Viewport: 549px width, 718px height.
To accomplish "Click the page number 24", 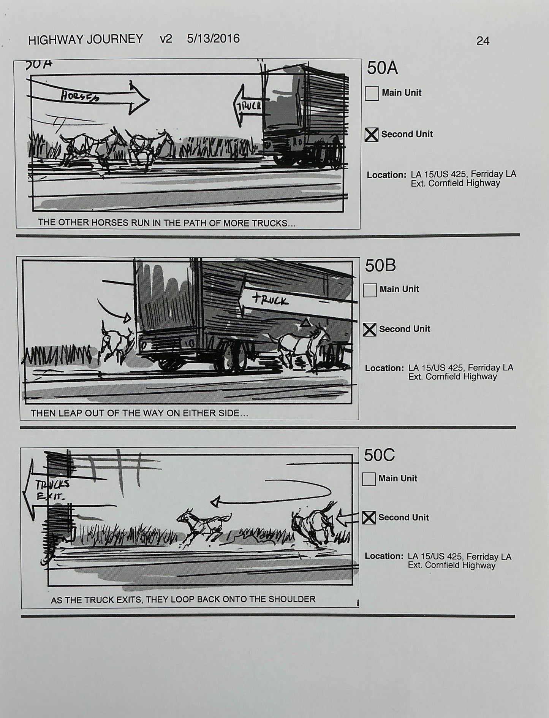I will click(483, 41).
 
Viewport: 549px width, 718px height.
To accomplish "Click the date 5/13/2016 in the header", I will click(213, 39).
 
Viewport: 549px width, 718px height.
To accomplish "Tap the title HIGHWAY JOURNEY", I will click(85, 39).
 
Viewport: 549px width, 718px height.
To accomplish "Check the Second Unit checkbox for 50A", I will click(371, 135).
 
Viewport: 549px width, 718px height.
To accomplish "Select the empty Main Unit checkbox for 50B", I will click(370, 290).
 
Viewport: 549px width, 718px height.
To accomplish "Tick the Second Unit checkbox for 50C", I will click(369, 518).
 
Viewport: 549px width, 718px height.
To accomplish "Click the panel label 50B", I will click(380, 266).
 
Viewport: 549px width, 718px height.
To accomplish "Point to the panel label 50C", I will click(379, 455).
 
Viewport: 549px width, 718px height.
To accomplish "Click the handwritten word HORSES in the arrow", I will click(80, 97).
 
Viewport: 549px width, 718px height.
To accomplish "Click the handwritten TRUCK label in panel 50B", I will click(270, 300).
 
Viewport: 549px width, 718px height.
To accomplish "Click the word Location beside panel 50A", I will click(386, 175).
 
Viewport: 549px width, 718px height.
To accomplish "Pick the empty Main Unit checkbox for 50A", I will click(372, 94).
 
